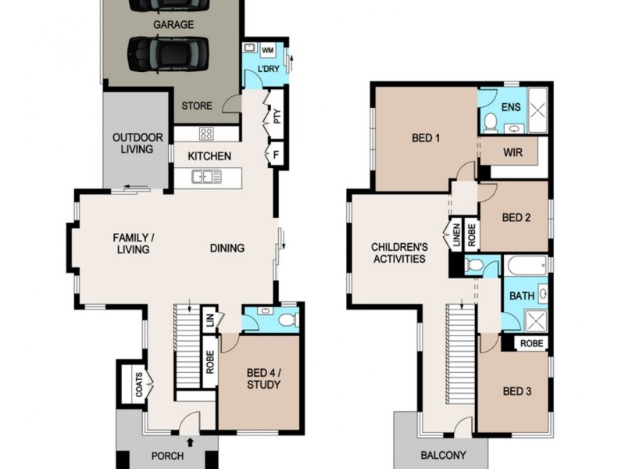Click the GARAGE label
coord(173,24)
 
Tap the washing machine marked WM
coord(266,51)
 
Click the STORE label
coord(197,106)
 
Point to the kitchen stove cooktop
coord(206,133)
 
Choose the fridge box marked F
coord(276,154)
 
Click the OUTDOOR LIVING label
coord(137,143)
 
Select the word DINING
coord(227,249)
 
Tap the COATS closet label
coord(139,385)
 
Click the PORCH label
coord(166,456)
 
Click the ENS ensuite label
coord(511,107)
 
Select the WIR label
coord(512,152)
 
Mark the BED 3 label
coord(517,391)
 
